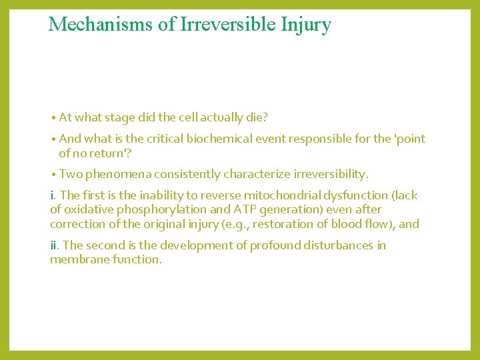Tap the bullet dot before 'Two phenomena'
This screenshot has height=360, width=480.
(53, 175)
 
